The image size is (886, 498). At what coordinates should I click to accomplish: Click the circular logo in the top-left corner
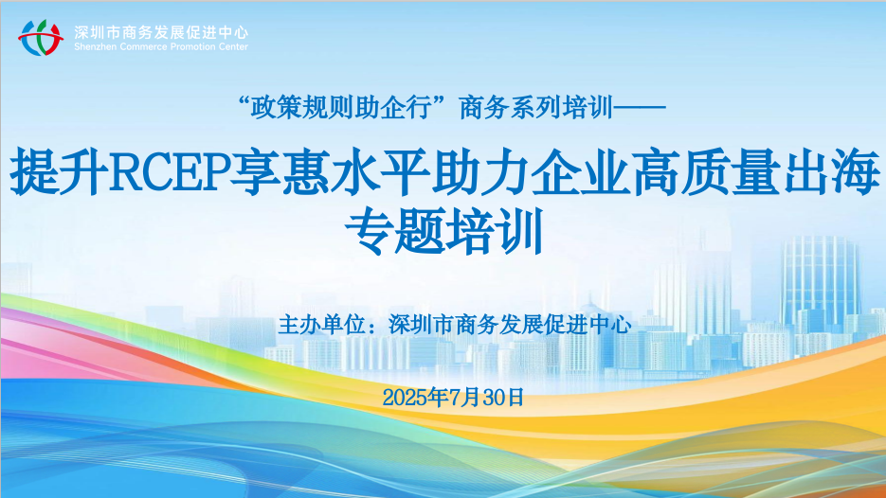40,37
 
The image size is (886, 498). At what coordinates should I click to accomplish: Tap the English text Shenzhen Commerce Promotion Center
161,45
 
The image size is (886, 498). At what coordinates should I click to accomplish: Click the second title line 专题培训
443,231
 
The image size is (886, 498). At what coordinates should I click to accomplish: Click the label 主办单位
322,324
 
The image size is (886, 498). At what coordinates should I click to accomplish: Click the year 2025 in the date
406,397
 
